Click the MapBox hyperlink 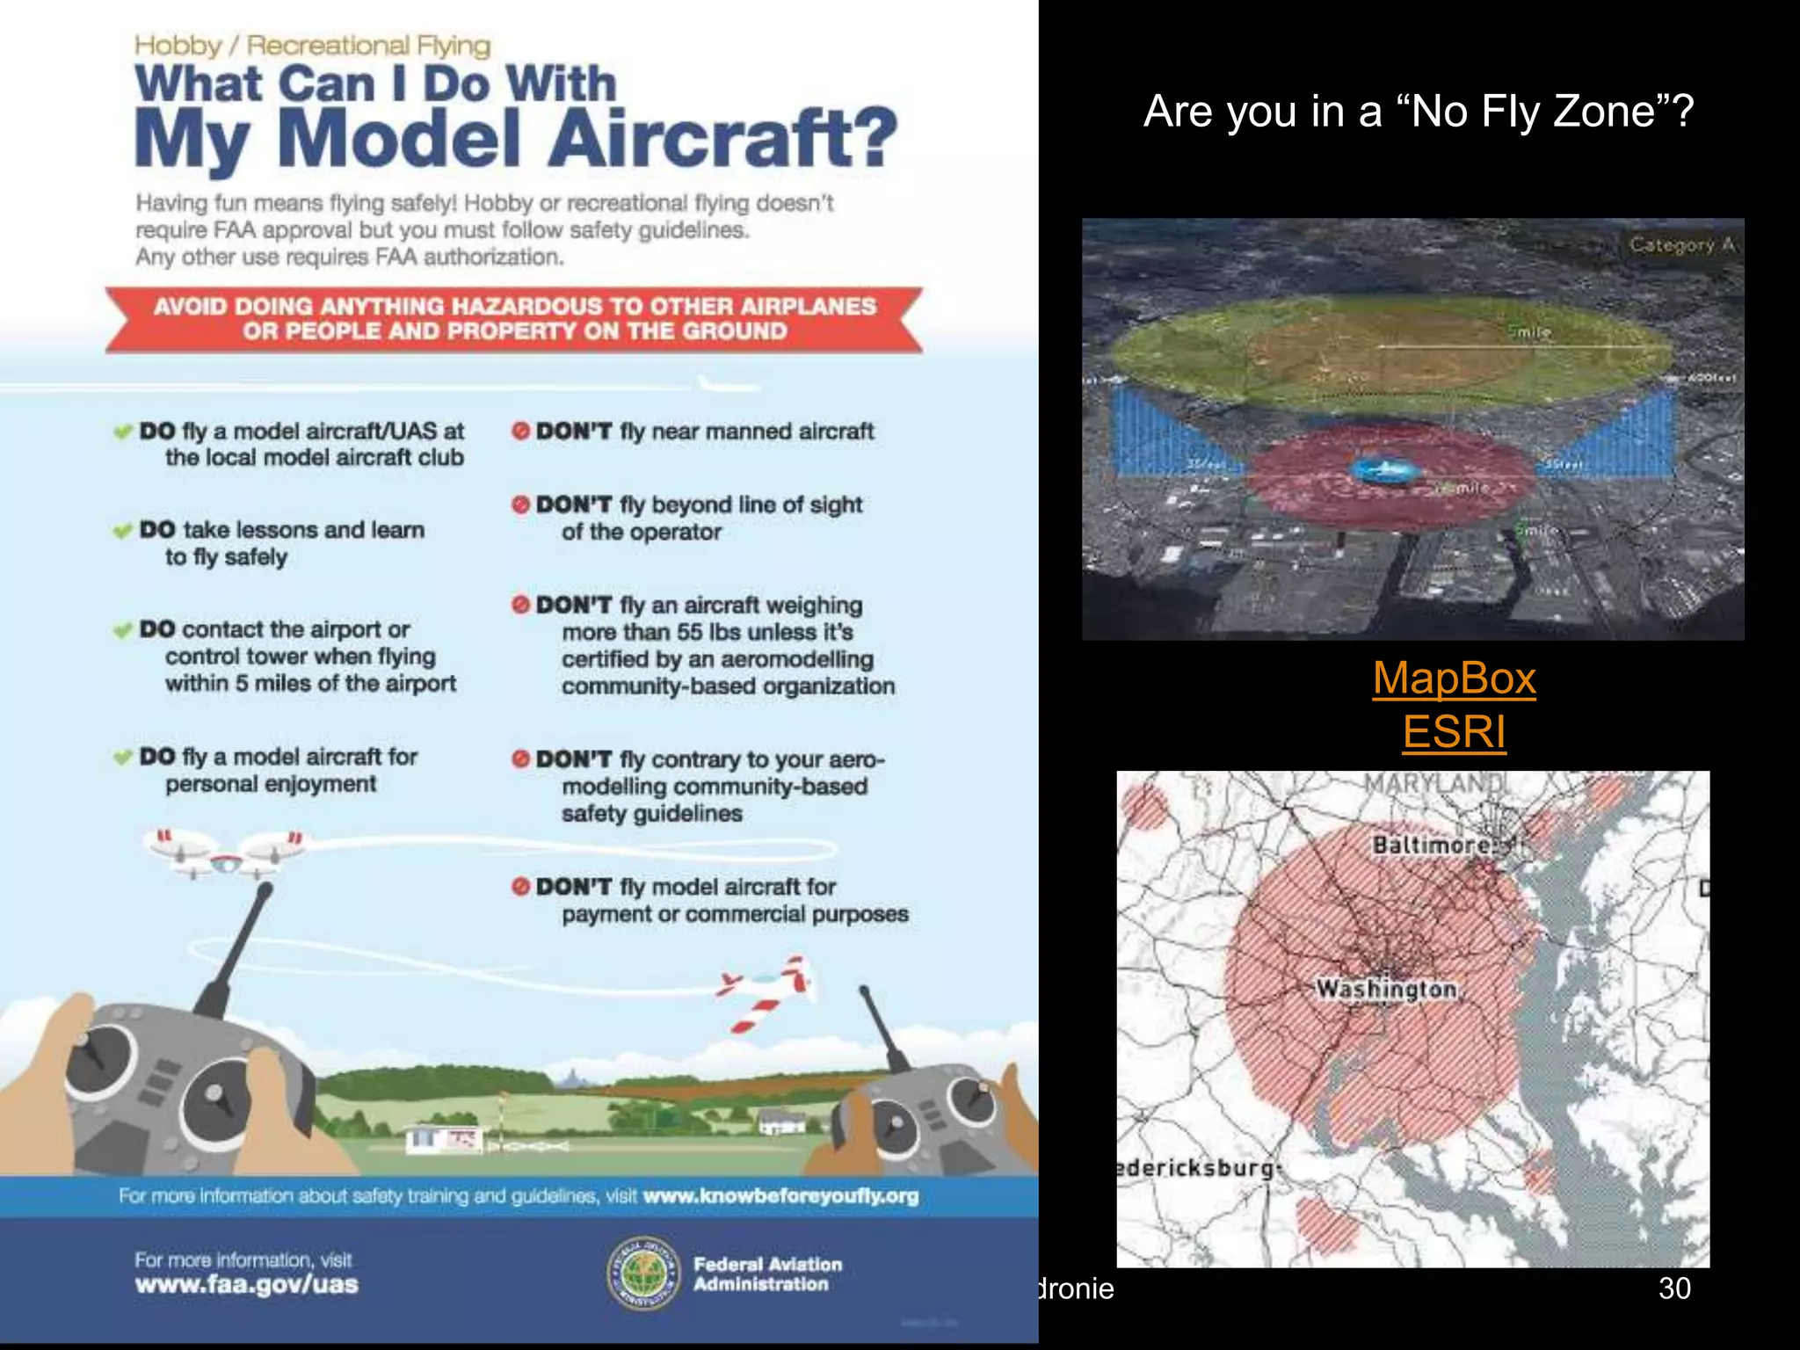1454,679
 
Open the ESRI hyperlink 1454,732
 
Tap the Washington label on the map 1386,989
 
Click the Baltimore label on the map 1432,845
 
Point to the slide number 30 1673,1288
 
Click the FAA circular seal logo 643,1273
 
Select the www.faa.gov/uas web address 247,1285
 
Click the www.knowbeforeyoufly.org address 780,1196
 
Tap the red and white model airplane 767,991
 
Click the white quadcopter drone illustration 227,853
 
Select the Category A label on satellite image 1681,245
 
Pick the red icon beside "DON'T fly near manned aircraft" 520,431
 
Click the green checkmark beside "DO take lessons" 122,531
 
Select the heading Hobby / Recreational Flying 312,45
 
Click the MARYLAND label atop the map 1434,781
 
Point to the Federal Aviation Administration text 767,1274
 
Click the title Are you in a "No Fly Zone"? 1418,112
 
